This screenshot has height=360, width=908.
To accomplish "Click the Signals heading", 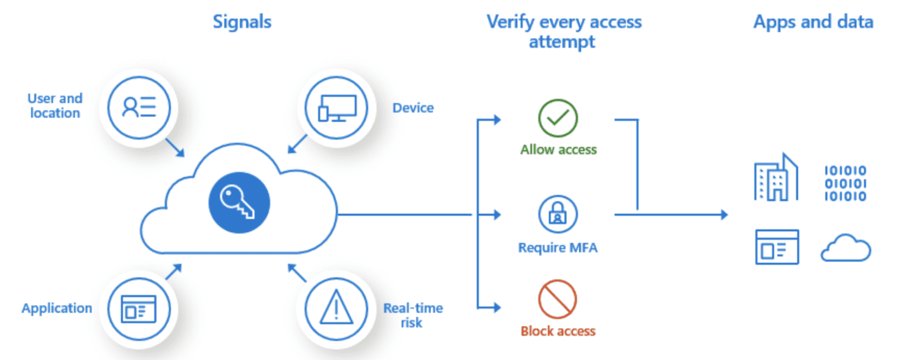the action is point(242,22).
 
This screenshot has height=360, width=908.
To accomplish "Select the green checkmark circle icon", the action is point(558,118).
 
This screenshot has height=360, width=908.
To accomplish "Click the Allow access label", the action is point(558,150).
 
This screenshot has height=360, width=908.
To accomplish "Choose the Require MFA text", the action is point(558,248).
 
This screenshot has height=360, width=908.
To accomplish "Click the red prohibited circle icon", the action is point(558,299).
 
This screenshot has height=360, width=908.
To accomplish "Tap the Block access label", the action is point(558,331).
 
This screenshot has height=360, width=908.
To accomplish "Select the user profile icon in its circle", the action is point(139,108).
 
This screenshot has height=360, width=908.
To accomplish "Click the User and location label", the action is point(55,105).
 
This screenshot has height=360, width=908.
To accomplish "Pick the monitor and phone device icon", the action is point(336,108).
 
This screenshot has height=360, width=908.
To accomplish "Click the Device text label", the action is point(413,108).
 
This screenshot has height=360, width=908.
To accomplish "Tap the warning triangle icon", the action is point(336,309).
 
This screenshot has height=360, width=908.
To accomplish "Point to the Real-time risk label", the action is point(413,316).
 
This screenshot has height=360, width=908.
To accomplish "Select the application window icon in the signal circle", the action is point(139,309).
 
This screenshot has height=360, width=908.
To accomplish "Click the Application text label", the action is point(57,309).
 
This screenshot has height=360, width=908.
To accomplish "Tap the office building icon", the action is point(776,177).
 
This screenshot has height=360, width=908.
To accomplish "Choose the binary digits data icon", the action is point(845,183).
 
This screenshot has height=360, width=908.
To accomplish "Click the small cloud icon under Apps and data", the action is point(845,248).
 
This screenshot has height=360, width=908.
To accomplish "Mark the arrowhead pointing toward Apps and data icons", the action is point(724,215).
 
